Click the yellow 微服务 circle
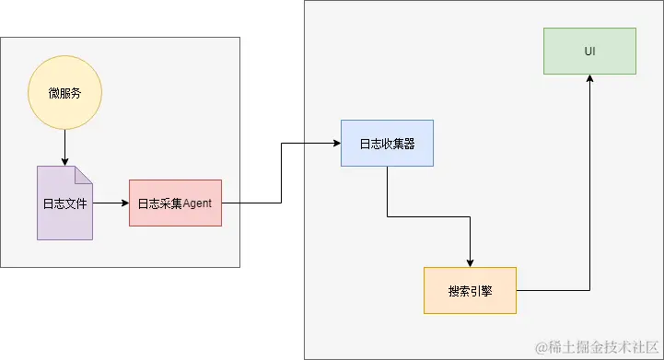point(64,92)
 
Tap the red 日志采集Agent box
point(175,203)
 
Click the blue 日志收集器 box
point(387,144)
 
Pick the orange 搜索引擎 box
point(470,290)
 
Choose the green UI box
point(589,51)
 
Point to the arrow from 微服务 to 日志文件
point(64,145)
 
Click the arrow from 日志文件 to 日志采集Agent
point(110,203)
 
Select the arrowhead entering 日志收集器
point(336,144)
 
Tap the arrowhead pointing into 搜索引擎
point(470,262)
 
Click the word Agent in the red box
point(198,203)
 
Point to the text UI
point(589,51)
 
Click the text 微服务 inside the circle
point(64,93)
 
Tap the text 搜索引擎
point(470,291)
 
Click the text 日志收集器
point(387,144)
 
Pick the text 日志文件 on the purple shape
point(64,203)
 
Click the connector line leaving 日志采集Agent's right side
point(250,203)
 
